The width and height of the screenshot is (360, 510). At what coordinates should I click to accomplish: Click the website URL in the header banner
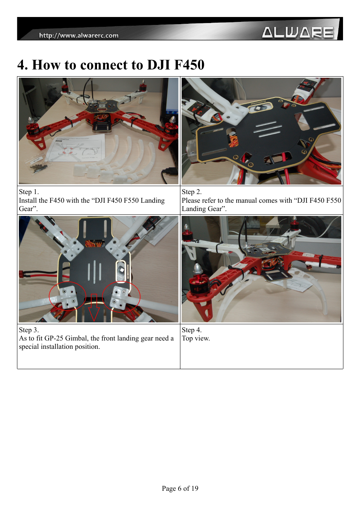point(79,35)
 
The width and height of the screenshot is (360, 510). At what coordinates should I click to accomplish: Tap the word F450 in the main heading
point(189,65)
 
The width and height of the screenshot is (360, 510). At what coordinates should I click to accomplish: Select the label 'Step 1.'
point(29,192)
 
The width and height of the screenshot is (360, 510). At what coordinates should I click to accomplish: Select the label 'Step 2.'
point(192,192)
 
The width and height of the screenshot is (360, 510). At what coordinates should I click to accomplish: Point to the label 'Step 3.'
point(29,330)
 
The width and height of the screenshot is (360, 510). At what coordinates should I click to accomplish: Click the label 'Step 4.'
point(192,330)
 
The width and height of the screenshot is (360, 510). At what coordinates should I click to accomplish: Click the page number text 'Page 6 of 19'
point(180,488)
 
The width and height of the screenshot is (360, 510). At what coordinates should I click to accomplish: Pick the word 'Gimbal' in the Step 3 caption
point(76,338)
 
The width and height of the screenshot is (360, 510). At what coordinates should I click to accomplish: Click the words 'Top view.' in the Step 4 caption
point(196,338)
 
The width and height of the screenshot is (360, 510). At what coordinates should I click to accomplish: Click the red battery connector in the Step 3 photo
point(23,273)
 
